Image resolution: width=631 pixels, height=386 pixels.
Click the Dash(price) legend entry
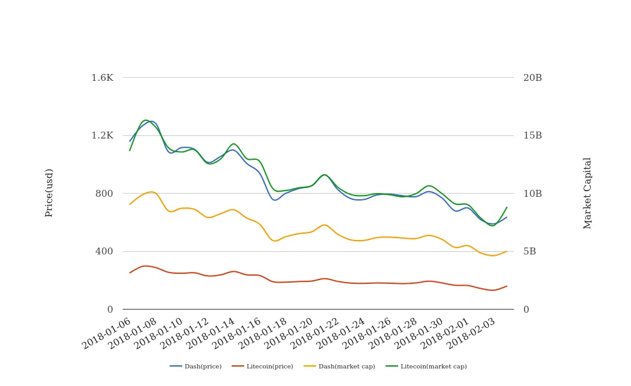pyautogui.click(x=196, y=367)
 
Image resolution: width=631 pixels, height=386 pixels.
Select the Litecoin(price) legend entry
pyautogui.click(x=262, y=367)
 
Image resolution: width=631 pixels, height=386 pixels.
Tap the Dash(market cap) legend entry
pyautogui.click(x=339, y=367)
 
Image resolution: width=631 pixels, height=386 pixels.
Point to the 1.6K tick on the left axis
pyautogui.click(x=102, y=78)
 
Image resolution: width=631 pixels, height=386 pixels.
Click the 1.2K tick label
pyautogui.click(x=102, y=135)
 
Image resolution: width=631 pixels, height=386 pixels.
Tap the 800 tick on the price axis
pyautogui.click(x=104, y=194)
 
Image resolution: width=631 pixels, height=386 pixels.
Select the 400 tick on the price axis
pyautogui.click(x=104, y=251)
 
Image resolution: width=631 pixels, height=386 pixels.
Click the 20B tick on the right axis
pyautogui.click(x=533, y=78)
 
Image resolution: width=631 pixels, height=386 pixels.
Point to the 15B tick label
pyautogui.click(x=533, y=135)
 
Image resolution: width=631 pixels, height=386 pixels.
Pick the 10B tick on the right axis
pyautogui.click(x=533, y=194)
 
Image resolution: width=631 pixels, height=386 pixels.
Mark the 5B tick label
pyautogui.click(x=530, y=251)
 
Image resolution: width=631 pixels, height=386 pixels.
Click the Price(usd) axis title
pyautogui.click(x=49, y=192)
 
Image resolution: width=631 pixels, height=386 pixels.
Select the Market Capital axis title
pyautogui.click(x=588, y=192)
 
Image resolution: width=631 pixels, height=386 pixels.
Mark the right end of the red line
pyautogui.click(x=506, y=286)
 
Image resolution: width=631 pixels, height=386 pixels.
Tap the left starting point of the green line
pyautogui.click(x=130, y=150)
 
